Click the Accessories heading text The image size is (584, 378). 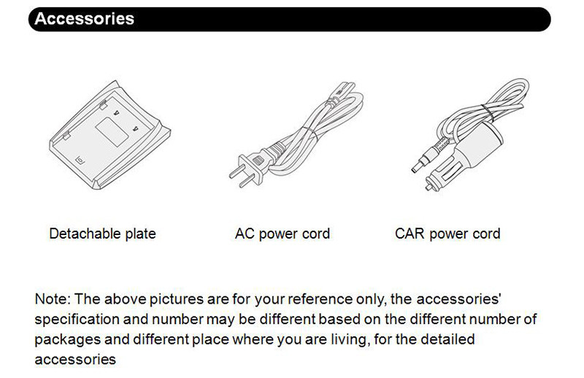coord(84,19)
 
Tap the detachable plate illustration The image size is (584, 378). coord(110,136)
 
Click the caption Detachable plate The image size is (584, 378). coord(102,234)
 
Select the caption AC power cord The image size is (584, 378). coord(283,234)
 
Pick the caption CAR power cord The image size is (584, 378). coord(447,234)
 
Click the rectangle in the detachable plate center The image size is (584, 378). coord(112,132)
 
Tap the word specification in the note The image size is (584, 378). coord(77,320)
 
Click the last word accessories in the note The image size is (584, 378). coord(75,360)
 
